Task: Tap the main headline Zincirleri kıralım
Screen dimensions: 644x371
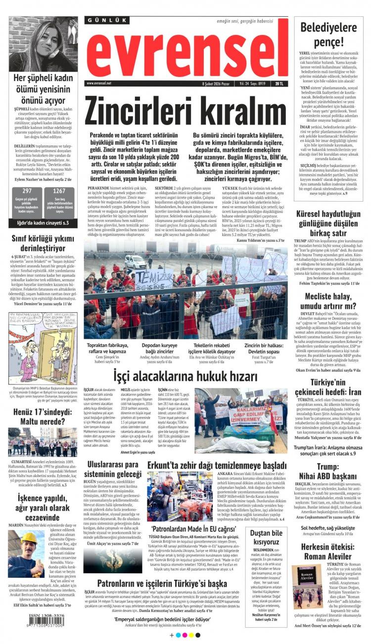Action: coord(185,112)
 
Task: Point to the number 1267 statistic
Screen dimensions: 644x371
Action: coord(59,191)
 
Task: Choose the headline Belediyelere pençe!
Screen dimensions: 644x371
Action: coord(328,34)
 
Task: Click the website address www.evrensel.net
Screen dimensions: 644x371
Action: coord(99,84)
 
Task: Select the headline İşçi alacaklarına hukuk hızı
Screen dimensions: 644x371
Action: coord(185,377)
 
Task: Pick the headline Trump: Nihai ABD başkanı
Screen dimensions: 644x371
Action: coord(328,472)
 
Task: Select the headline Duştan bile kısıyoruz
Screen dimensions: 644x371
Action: coord(267,538)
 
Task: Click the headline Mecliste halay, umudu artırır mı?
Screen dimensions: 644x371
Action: coord(328,301)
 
